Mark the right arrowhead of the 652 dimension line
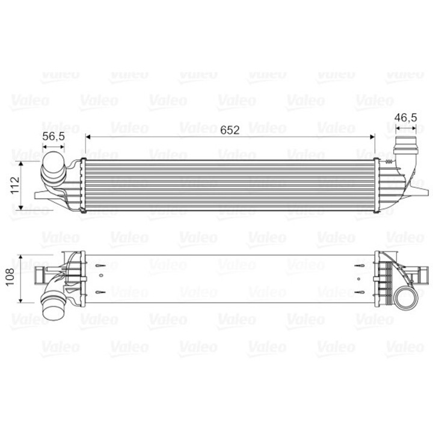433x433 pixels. [x=372, y=137]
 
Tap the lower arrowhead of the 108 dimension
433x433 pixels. [x=22, y=299]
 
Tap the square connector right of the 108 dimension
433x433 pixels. [x=41, y=278]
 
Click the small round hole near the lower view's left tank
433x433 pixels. [x=101, y=276]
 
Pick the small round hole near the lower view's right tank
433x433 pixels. [x=360, y=276]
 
